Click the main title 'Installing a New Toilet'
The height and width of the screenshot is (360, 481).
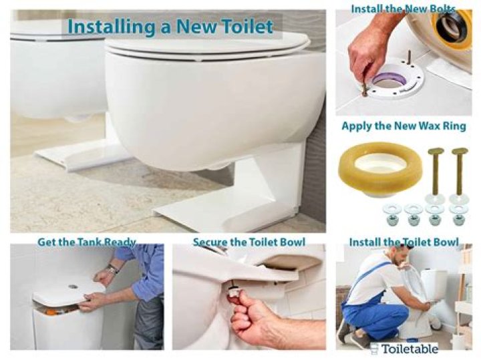click(x=170, y=26)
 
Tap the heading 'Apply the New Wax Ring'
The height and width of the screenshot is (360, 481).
click(x=404, y=126)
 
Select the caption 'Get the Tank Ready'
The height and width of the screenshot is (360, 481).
click(x=86, y=242)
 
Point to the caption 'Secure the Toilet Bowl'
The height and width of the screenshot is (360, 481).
click(x=249, y=242)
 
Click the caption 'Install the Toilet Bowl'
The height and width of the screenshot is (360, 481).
click(x=404, y=242)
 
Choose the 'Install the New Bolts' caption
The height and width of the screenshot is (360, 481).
click(x=403, y=9)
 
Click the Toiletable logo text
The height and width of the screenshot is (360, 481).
click(x=410, y=349)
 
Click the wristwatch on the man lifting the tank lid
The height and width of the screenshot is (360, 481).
click(x=113, y=270)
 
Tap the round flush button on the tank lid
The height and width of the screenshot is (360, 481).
click(x=73, y=287)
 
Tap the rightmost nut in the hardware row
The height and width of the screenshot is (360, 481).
click(x=458, y=220)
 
